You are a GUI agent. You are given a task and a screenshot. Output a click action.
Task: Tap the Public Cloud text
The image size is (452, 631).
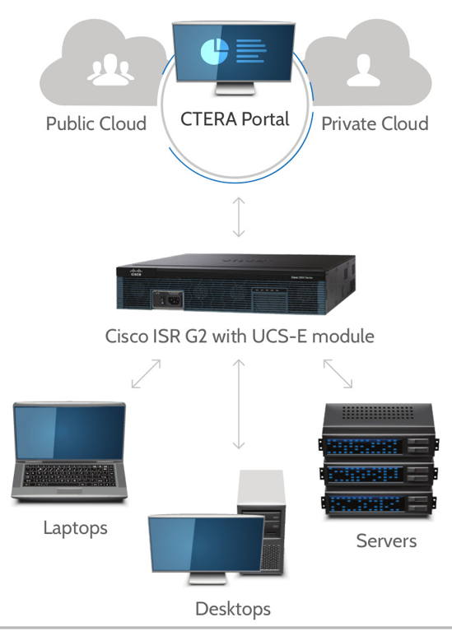click(x=96, y=124)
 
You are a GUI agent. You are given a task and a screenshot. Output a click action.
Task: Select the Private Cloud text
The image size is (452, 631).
click(x=375, y=124)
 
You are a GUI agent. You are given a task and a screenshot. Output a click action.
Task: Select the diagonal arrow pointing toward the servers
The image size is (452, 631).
click(x=338, y=373)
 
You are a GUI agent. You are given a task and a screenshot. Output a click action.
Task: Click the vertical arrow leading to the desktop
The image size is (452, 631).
click(x=239, y=403)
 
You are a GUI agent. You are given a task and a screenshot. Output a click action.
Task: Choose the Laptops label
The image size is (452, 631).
click(x=75, y=527)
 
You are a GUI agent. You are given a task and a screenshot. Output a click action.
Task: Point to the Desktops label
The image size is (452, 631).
click(x=232, y=610)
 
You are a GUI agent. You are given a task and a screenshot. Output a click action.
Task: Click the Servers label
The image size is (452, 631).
click(x=386, y=541)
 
